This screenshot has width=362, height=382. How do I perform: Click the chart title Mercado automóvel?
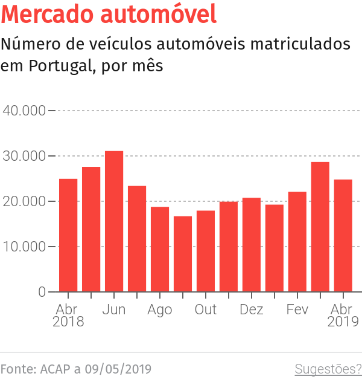[109, 15]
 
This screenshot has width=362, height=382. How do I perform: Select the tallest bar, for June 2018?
[114, 221]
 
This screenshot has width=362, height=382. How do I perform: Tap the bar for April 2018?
[68, 235]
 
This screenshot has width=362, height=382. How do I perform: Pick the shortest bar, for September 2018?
[183, 254]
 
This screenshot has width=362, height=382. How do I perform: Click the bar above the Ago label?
[160, 249]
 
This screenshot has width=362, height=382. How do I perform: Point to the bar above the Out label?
[206, 251]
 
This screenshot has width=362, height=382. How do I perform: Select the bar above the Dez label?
[252, 245]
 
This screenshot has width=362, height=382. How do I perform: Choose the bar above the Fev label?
[297, 242]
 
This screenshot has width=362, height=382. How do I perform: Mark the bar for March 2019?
[320, 227]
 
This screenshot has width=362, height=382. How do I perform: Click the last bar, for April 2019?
[343, 236]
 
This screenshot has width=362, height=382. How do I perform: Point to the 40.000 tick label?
[25, 111]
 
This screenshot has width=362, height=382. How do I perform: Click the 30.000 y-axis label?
[25, 156]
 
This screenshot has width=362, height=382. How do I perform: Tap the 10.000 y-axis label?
[25, 247]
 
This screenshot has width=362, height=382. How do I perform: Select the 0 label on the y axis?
[42, 292]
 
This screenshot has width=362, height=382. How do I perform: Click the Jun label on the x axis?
[114, 309]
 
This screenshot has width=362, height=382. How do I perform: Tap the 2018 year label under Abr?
[68, 322]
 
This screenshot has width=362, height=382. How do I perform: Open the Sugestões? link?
[328, 369]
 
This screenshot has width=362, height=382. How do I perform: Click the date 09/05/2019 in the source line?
[118, 369]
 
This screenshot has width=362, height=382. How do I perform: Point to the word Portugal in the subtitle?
[59, 66]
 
